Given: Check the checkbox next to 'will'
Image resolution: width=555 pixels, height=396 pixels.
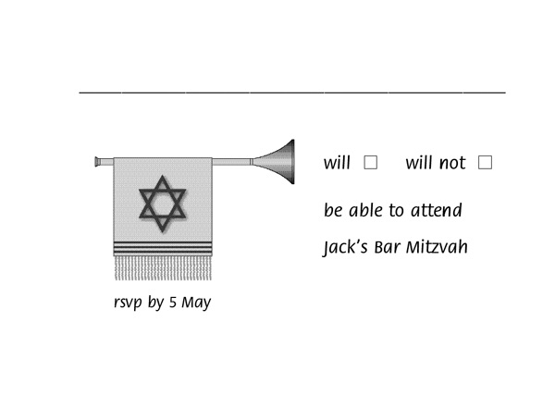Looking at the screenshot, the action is point(371,163).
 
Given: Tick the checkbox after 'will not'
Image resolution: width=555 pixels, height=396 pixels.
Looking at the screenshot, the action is point(485,163).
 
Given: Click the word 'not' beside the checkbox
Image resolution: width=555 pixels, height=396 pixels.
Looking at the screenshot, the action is point(452,163).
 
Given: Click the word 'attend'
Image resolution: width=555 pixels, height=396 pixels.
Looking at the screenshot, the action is point(437,210).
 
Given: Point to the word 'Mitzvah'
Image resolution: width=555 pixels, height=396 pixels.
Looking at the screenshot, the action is point(437,247).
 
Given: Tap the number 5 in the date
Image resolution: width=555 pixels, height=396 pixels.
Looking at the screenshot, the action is point(173,302).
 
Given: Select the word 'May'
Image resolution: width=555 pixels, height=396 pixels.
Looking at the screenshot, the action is point(196,303).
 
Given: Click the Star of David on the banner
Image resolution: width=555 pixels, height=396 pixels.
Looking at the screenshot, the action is point(163,204).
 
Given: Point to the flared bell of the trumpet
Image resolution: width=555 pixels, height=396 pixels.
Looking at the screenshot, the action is point(275,162).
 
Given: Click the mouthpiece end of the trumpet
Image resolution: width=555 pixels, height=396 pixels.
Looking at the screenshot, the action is point(97,162).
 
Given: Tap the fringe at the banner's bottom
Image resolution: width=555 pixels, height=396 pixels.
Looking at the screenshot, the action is point(163,268).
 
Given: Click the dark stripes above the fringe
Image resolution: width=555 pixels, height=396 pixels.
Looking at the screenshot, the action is point(163,248).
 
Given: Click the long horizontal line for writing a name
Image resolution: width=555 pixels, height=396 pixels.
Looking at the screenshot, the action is point(292,93).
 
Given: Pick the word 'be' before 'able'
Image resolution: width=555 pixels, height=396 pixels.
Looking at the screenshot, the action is point(333,210).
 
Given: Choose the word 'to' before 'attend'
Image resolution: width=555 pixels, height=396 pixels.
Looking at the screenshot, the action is point(397,211).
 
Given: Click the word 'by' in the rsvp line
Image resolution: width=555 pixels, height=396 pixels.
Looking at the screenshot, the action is point(155,303).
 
